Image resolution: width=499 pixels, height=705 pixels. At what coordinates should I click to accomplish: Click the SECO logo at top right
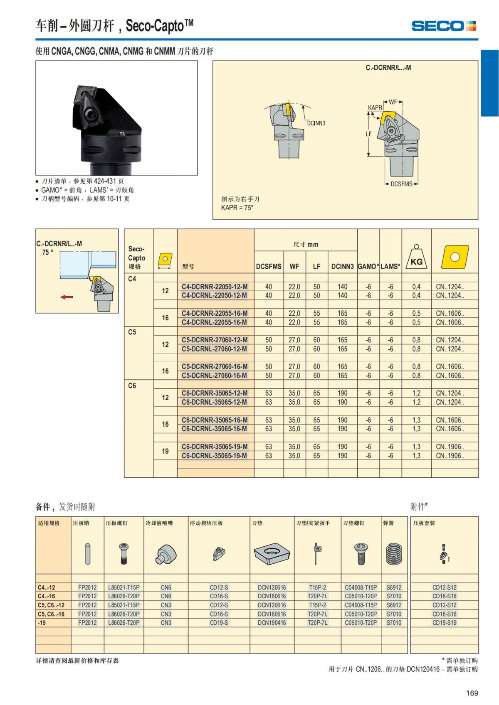(444, 26)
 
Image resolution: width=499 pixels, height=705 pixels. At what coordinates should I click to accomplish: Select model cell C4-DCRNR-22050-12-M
(215, 287)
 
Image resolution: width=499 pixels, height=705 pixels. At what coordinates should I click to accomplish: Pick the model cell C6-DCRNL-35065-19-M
(214, 455)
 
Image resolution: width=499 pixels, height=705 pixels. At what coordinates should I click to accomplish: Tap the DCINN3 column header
(342, 266)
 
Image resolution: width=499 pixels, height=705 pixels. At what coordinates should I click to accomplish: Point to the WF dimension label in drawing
(393, 102)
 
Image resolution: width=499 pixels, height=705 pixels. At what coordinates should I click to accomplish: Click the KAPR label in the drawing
(375, 107)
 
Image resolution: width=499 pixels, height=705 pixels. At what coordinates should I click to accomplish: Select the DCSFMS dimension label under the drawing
(401, 184)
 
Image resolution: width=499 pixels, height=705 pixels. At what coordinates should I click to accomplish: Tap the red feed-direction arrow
(67, 297)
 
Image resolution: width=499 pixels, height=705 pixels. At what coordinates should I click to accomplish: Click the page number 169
(472, 693)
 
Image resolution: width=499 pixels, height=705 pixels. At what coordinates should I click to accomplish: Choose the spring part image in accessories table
(394, 554)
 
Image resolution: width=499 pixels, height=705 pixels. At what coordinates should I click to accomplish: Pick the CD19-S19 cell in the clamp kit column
(444, 622)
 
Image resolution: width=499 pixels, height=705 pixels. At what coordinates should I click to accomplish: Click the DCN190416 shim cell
(272, 622)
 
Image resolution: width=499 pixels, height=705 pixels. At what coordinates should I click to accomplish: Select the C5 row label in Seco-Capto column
(132, 332)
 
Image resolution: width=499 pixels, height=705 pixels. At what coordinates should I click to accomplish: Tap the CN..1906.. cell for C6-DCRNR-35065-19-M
(450, 447)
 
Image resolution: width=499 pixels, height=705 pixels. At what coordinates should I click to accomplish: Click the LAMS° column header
(390, 266)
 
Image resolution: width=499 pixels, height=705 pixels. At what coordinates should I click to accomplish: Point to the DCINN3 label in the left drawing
(316, 123)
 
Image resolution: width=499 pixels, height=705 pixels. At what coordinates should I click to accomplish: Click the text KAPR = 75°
(237, 208)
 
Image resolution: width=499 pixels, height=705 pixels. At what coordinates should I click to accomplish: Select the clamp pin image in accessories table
(88, 554)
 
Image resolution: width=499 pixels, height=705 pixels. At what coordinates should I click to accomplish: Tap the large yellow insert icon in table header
(455, 257)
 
